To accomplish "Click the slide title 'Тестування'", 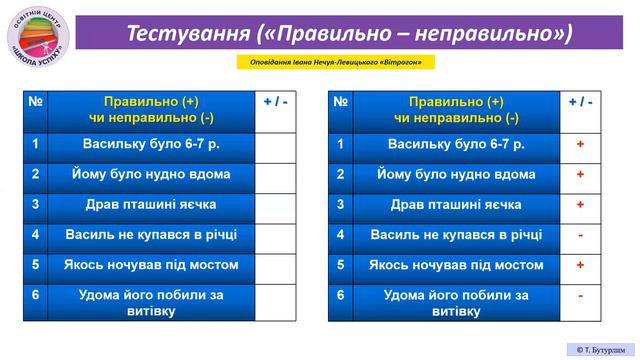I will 187,32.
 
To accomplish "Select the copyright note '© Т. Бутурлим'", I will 601,349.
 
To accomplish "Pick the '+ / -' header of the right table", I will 581,102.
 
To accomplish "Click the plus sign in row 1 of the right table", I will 581,145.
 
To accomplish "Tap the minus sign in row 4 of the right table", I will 581,235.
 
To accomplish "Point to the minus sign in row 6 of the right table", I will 581,296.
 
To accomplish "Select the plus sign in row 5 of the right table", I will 581,265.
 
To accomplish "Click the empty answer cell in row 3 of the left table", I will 274,205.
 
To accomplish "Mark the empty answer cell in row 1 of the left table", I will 274,145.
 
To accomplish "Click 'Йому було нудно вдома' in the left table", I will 151,175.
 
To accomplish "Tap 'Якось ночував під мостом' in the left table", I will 151,265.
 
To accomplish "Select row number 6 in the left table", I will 35,296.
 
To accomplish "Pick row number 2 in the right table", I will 341,175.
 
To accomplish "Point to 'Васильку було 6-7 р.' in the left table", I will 151,145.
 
